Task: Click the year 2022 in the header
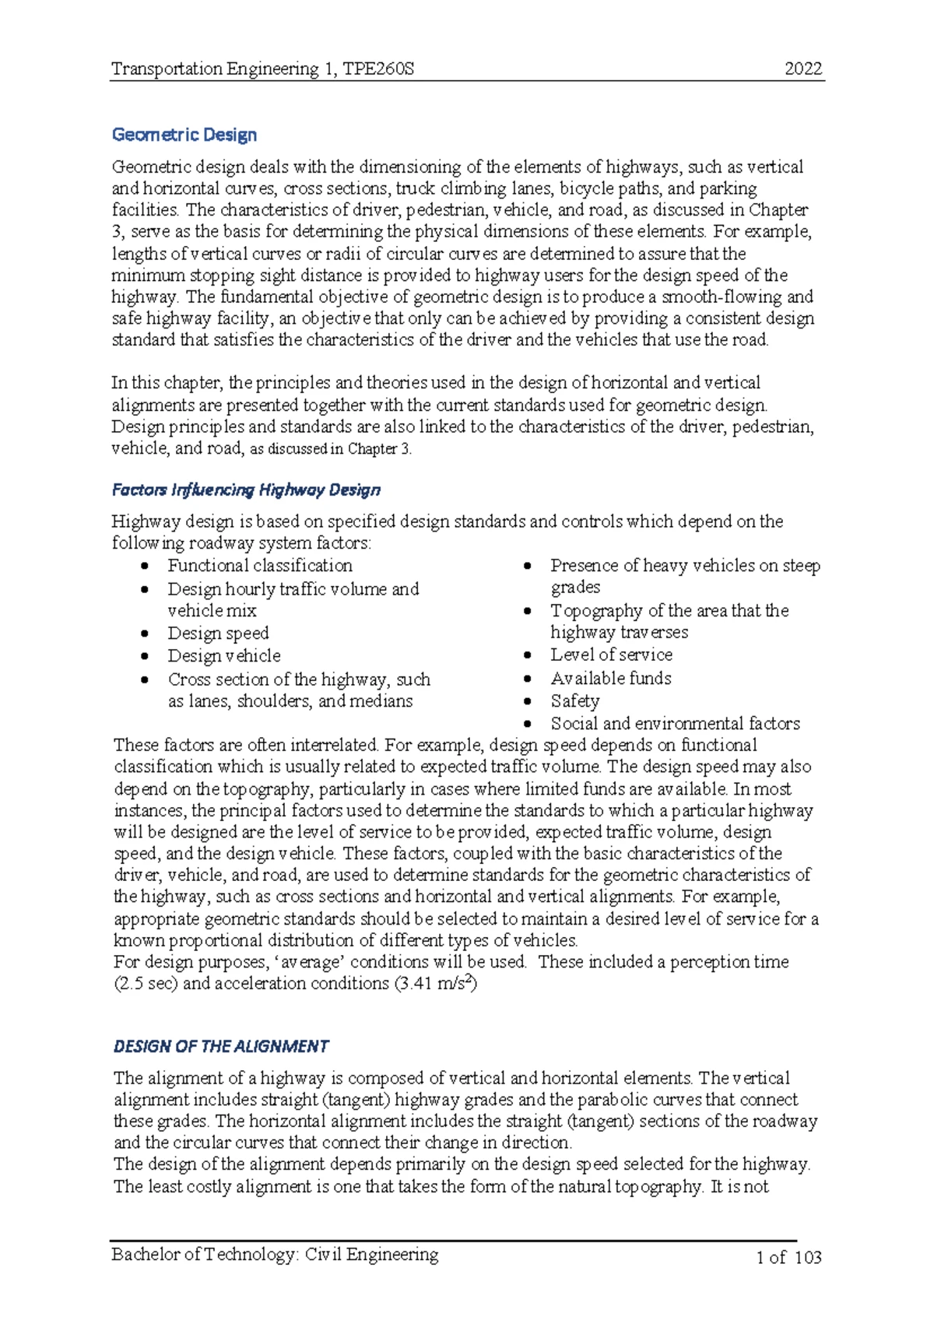(x=803, y=68)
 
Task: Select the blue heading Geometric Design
(x=184, y=135)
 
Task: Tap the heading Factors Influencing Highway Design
(x=246, y=490)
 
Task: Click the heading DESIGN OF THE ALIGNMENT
(x=221, y=1046)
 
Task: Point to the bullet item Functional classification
(x=260, y=565)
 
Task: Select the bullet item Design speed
(x=218, y=633)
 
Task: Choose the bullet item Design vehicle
(x=224, y=655)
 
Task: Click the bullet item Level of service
(x=611, y=655)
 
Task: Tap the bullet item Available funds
(x=611, y=678)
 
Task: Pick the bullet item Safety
(x=575, y=700)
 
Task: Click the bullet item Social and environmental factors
(x=675, y=723)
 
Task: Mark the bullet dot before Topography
(x=528, y=612)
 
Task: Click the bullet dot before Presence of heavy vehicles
(x=528, y=567)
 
